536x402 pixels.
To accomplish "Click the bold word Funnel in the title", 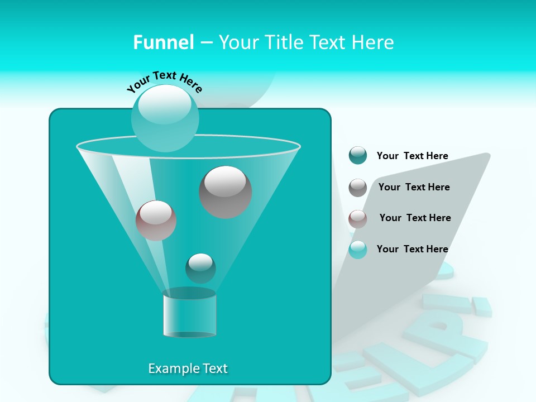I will point(163,42).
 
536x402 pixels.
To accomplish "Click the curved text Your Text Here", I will point(164,80).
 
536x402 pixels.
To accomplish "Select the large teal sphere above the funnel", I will point(165,118).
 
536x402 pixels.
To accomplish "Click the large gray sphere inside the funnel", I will point(226,192).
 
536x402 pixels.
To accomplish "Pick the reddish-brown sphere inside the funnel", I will point(156,221).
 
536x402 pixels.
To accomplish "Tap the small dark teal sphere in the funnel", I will point(200,268).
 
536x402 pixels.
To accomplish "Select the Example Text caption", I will point(188,368).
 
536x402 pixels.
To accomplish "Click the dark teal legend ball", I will point(358,156).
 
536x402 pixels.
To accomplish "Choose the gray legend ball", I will point(358,188).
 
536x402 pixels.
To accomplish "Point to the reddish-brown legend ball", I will point(358,219).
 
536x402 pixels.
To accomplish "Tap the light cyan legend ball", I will point(358,250).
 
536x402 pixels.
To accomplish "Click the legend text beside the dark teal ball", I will point(412,156).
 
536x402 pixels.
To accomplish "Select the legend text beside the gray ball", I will point(414,187).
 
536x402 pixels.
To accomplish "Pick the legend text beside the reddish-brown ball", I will point(415,218).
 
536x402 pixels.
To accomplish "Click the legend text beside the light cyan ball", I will point(412,249).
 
